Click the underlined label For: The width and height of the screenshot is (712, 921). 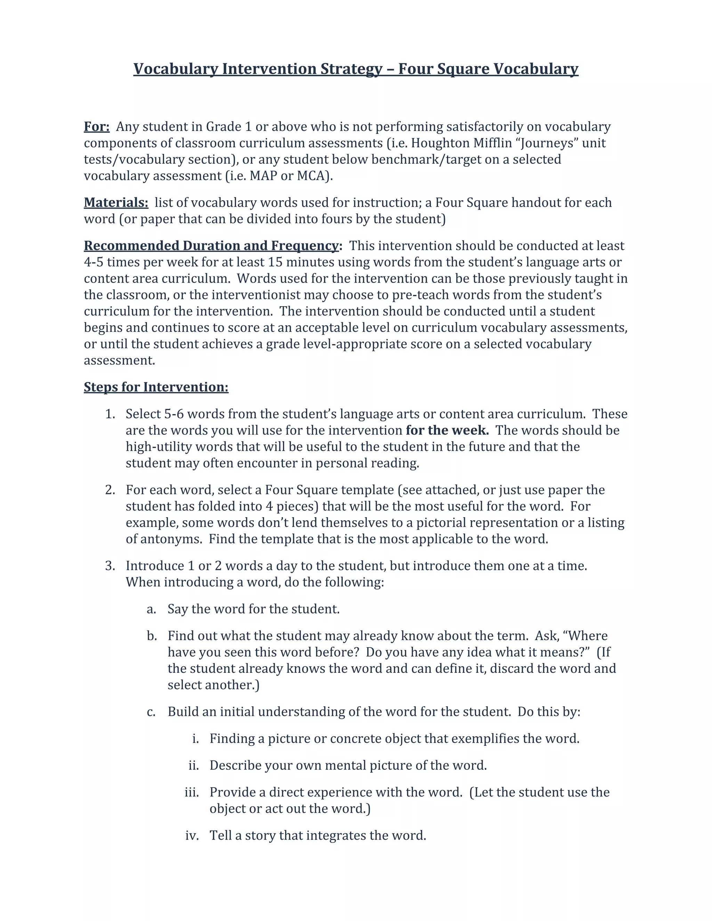[x=97, y=127]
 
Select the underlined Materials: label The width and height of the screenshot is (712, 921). [x=116, y=202]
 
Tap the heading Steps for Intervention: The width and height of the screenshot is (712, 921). [x=156, y=387]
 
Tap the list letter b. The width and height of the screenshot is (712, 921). [x=152, y=636]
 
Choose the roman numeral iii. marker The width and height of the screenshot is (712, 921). [x=192, y=792]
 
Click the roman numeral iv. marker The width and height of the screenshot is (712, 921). [x=192, y=836]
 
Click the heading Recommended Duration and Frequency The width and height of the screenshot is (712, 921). [x=211, y=246]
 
